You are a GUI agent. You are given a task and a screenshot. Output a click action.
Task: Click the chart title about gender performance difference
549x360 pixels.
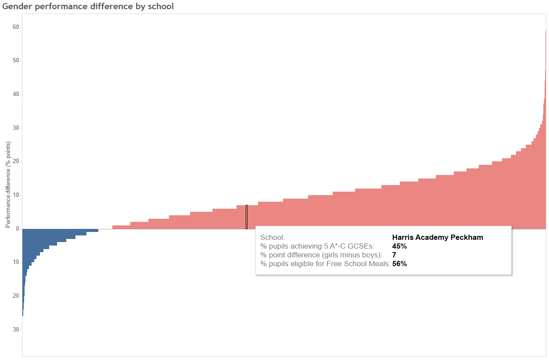coord(88,7)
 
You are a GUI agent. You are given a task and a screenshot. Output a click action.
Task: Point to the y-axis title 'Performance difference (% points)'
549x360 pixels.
coord(8,185)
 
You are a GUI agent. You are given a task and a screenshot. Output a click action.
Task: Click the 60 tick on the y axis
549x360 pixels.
coord(16,27)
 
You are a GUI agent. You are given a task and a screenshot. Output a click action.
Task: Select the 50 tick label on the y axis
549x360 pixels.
coord(16,61)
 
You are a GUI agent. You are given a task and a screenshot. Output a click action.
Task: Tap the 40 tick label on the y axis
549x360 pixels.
coord(16,94)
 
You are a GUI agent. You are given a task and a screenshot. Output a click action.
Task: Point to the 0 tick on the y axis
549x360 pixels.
coord(18,229)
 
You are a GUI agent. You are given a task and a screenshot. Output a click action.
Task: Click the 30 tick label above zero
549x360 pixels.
coord(16,128)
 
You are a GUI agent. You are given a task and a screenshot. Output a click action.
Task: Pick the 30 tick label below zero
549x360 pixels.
coord(16,330)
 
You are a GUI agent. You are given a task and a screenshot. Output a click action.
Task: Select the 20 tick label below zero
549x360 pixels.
coord(16,296)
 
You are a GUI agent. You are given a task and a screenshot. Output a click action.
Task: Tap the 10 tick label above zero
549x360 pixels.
coord(16,195)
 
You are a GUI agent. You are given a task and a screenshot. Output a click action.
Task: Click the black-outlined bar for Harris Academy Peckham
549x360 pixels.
coord(247,217)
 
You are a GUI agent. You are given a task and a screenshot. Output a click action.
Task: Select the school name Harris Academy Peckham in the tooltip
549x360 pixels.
coord(438,238)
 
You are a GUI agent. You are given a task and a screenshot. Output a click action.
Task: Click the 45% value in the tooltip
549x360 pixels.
coord(399,246)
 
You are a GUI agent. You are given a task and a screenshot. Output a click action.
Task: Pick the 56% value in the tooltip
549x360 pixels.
coord(399,264)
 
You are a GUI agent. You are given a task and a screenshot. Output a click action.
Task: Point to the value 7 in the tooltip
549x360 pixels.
coord(394,255)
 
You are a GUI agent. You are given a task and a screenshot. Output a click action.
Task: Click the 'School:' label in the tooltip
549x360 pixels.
coord(273,238)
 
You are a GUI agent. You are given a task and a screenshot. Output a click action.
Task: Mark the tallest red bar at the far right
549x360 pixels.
coord(545,132)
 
